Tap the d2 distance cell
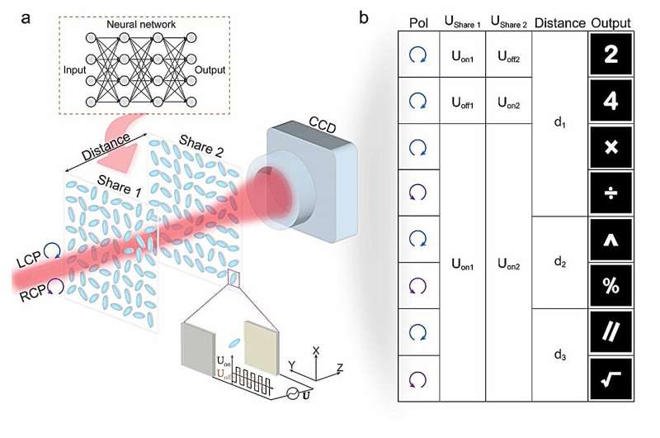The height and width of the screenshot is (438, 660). tap(559, 263)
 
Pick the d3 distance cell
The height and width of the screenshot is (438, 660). tap(559, 355)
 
